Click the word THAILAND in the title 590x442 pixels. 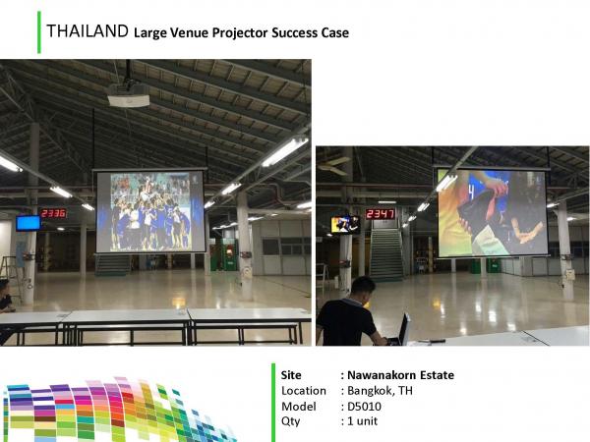(88, 31)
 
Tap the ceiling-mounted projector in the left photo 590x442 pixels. (128, 95)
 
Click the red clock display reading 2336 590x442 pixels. (53, 213)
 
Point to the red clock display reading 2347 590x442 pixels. (380, 214)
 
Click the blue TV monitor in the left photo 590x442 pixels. (29, 223)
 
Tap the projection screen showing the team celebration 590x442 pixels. (150, 211)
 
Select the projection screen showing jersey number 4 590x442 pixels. (492, 213)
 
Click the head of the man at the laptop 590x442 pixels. (362, 291)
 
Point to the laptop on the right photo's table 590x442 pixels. (401, 330)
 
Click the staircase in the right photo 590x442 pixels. (386, 254)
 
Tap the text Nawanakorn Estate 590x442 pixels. (400, 375)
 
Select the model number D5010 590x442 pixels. (364, 407)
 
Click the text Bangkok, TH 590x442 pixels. (380, 391)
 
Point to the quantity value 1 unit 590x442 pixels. (362, 421)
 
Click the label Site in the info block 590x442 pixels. (291, 375)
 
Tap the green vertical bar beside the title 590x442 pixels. (39, 32)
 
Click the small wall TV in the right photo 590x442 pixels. (345, 224)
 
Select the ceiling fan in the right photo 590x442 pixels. (335, 164)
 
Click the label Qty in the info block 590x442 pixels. (290, 421)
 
